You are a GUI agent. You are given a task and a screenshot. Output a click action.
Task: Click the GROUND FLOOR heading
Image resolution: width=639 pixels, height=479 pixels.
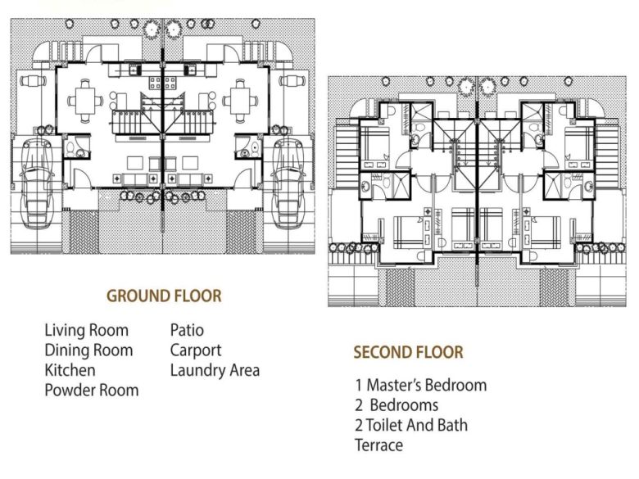pos(164,296)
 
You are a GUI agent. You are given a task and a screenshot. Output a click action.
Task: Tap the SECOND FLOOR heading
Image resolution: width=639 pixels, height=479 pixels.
pos(408,353)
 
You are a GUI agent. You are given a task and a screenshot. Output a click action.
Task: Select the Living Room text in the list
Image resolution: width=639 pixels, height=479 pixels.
pos(86,331)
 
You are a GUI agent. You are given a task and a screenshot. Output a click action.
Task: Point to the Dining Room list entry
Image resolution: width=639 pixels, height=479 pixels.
pos(88,350)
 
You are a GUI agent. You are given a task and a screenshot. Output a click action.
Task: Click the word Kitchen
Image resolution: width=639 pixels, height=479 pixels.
pos(70,370)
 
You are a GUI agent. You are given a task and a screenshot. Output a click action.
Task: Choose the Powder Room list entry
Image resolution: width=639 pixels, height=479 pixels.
pos(91,391)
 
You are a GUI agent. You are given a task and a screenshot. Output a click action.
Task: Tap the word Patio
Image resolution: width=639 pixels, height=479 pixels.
pos(187,331)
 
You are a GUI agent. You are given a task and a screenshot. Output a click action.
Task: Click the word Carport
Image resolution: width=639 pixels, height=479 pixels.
pos(196,350)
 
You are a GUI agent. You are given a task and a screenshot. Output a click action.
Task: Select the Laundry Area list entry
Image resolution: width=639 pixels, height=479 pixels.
pos(215,370)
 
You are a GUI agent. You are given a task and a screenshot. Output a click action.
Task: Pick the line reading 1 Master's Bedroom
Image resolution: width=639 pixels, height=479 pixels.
pos(420,385)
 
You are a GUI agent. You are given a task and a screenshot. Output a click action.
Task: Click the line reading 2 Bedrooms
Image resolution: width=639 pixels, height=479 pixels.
pos(397,405)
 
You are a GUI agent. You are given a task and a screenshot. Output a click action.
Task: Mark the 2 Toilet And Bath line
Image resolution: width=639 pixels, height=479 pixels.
pos(411,425)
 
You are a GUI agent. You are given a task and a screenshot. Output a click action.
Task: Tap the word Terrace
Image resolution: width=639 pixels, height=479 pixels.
pos(378,445)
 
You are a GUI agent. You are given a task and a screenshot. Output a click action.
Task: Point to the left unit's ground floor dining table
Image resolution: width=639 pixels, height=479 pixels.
pos(84,102)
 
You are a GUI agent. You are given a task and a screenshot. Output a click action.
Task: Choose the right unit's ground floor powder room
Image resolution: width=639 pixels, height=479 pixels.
pos(247,147)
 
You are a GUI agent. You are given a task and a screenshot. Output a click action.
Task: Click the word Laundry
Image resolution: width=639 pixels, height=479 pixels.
pos(197,370)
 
